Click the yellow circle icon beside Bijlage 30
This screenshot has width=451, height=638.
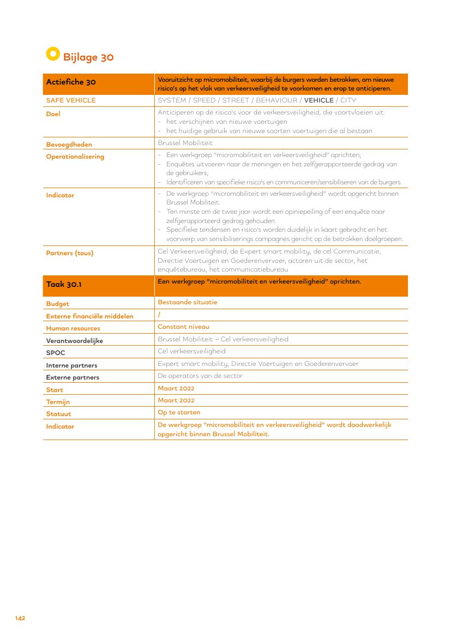pos(53,54)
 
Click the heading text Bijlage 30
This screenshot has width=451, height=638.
pos(88,57)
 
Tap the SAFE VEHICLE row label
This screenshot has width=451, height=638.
pos(71,100)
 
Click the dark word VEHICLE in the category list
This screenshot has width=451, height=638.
pos(318,100)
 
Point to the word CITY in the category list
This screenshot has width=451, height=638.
pos(348,100)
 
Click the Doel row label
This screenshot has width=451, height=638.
pos(53,115)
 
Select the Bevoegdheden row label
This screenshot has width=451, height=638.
pos(69,145)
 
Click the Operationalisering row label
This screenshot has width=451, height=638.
pos(75,157)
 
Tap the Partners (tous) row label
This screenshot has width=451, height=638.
pos(70,253)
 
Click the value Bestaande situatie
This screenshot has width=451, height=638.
pos(187,302)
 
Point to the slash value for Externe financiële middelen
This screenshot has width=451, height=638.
pos(159,315)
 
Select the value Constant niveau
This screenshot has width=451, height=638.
pos(183,327)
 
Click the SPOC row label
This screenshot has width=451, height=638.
pos(56,353)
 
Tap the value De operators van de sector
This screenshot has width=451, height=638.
pos(200,376)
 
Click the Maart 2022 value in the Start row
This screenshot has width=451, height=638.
pos(176,388)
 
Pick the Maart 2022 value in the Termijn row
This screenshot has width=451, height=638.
pos(176,400)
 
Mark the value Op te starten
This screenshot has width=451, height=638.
pos(179,412)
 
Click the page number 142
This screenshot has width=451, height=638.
pos(20,618)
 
